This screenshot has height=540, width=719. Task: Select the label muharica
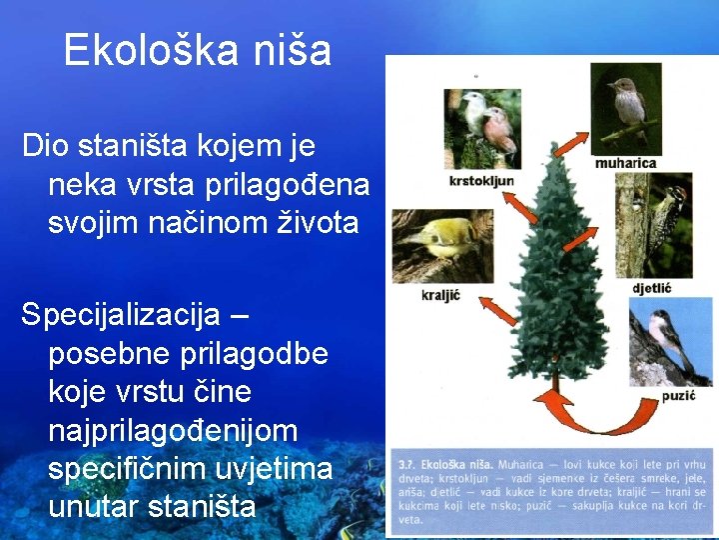(x=625, y=162)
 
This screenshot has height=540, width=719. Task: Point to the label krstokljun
(x=481, y=181)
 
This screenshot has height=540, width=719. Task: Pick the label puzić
(x=676, y=396)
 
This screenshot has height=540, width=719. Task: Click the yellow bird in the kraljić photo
(x=438, y=240)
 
